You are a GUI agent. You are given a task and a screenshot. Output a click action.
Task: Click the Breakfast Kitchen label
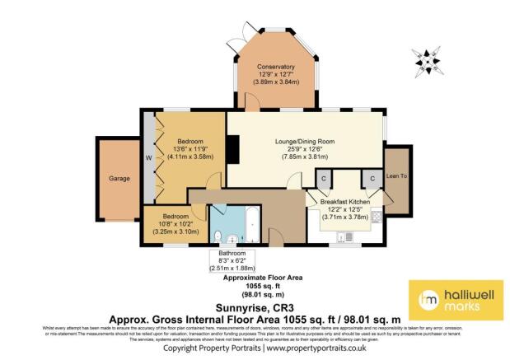(344, 203)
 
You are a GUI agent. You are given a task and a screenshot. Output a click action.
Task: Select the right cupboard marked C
(372, 178)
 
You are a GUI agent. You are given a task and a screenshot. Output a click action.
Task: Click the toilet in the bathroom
(217, 237)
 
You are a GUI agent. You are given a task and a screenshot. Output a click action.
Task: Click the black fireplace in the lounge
(234, 151)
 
